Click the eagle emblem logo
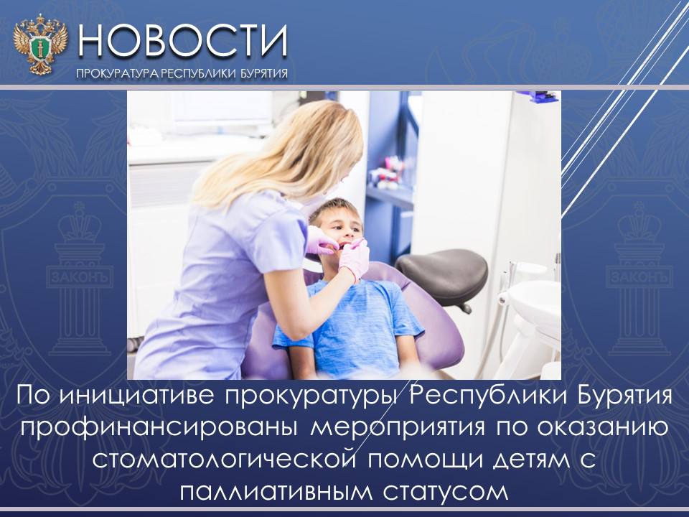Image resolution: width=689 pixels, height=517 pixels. tap(40, 44)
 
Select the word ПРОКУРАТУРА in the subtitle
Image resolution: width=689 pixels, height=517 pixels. tap(117, 73)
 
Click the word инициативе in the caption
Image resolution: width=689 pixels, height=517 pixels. tap(136, 396)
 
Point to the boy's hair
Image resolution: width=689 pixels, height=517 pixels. tap(334, 208)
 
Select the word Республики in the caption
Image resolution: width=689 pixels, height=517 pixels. tap(470, 396)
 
